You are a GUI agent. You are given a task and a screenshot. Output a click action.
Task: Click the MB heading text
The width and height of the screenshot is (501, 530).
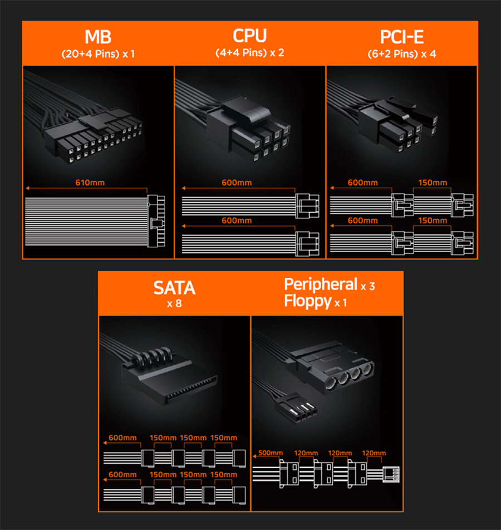pos(98,37)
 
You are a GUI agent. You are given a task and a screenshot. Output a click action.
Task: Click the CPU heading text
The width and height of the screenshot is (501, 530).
pos(250,36)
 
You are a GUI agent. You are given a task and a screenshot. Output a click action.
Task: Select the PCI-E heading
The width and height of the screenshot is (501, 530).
pos(401,37)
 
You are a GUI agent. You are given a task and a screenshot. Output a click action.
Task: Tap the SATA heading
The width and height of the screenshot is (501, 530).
pos(174,288)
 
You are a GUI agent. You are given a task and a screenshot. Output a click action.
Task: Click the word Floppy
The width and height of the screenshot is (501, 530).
pos(308,301)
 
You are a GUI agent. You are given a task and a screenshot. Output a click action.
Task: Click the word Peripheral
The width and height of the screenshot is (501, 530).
pos(321,284)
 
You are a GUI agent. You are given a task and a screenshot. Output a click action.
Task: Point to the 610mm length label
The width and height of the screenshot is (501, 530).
pos(90,183)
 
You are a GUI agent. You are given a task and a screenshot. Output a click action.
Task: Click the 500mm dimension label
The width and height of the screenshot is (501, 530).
pos(271,453)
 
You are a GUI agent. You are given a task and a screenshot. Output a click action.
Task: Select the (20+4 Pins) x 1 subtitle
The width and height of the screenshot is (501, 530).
pos(98,54)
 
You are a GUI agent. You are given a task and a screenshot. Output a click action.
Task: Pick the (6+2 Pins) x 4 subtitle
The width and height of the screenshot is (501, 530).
pos(401,54)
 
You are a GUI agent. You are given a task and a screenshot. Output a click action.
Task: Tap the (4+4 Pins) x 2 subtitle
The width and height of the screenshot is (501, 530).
pos(250,53)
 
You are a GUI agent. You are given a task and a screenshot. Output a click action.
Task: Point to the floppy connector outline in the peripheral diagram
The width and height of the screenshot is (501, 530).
pos(391,474)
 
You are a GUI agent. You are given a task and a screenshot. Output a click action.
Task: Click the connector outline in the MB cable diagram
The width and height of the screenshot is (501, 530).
pos(156,221)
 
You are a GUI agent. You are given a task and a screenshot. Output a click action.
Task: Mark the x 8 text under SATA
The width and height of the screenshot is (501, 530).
pos(174,303)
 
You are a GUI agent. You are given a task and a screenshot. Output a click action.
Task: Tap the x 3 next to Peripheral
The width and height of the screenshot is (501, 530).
pos(368,286)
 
